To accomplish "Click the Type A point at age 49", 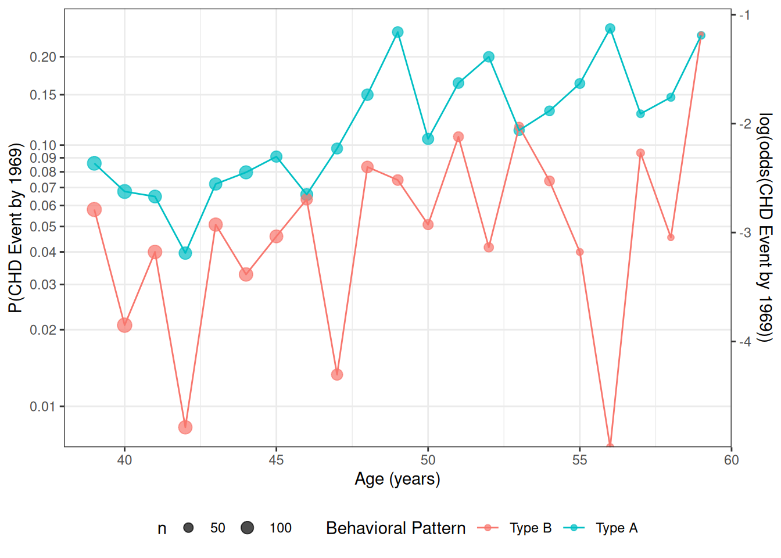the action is pos(397,32).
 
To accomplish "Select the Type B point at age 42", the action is pos(185,427).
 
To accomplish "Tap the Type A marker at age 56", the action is pos(610,28).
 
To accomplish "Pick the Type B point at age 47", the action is pos(337,374).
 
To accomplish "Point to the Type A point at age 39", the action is pos(95,163).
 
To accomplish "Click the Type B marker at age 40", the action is pos(124,325).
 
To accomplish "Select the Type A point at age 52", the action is pos(489,57).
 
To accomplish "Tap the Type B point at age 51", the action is pos(458,137).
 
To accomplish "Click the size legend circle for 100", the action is pos(247,528).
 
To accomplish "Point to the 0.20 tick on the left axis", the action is pos(62,57).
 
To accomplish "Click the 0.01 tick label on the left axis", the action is pos(43,407).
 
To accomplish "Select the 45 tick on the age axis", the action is pos(276,449).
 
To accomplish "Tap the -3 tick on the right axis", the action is pos(734,233).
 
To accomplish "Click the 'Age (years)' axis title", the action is pos(397,480).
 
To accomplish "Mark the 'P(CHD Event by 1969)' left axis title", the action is pos(15,228).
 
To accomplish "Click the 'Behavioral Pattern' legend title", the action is pos(396,528).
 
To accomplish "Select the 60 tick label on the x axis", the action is pos(731,460).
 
